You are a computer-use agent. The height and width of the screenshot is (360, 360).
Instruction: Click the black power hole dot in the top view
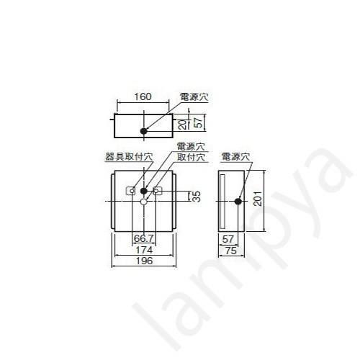(144, 131)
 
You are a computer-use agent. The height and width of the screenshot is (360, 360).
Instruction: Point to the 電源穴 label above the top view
(194, 95)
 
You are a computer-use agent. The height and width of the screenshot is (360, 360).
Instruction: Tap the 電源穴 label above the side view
(235, 155)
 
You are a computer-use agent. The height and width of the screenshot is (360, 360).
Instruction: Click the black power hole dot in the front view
(144, 191)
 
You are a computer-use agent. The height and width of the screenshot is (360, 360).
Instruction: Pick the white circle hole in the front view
(144, 203)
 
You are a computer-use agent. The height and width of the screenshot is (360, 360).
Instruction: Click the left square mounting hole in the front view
(131, 191)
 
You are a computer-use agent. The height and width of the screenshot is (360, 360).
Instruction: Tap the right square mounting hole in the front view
(158, 191)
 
